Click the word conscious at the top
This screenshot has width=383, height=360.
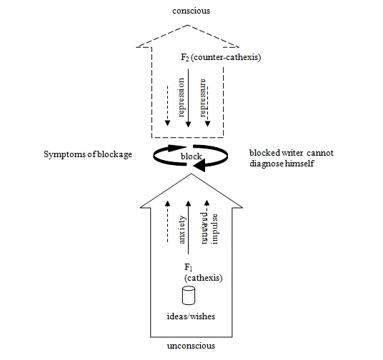point(191,11)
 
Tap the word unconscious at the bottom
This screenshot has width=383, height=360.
point(191,346)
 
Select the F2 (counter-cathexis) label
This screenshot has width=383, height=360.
point(221,57)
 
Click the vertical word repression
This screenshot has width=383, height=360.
point(181,97)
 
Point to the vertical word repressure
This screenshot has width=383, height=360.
point(202,98)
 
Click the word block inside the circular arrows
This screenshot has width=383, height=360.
point(191,156)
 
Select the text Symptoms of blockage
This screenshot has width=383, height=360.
point(88,154)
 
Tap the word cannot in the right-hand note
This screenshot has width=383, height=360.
point(320,153)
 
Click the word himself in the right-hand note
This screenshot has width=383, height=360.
point(299,163)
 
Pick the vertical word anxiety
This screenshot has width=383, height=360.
point(182,229)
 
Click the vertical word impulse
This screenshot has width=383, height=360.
point(214,229)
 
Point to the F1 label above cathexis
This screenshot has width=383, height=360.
point(189,267)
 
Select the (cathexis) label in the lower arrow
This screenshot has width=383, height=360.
point(203,278)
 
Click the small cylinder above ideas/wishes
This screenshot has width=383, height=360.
point(189,296)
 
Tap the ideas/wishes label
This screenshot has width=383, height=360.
point(191,316)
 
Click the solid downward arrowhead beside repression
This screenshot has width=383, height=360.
point(188,124)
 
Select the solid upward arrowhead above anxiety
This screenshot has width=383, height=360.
point(188,204)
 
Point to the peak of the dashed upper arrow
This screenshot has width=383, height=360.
point(188,25)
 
